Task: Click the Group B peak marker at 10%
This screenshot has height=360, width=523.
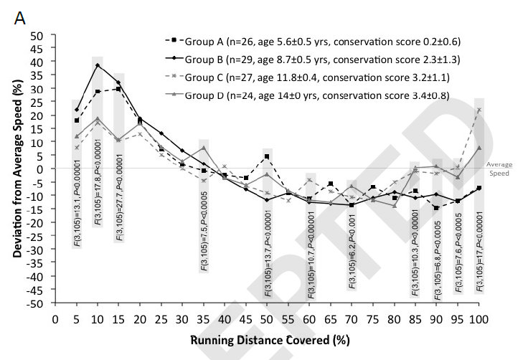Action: pyautogui.click(x=98, y=65)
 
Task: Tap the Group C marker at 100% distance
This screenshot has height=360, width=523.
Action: pyautogui.click(x=479, y=110)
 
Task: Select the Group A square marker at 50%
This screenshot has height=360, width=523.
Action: pyautogui.click(x=266, y=156)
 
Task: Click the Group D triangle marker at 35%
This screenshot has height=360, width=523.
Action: pyautogui.click(x=203, y=148)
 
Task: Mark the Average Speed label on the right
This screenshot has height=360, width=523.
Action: pyautogui.click(x=500, y=168)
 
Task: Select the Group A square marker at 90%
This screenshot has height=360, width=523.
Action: pyautogui.click(x=435, y=208)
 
